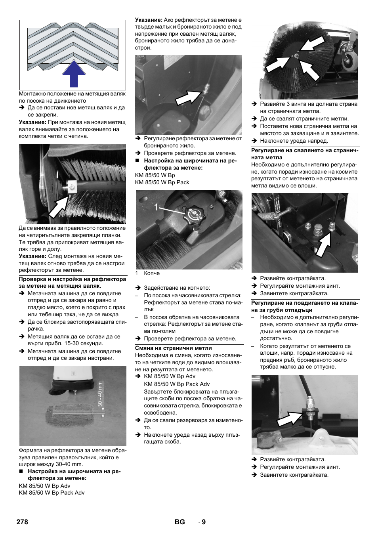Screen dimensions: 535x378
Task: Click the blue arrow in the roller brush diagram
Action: pos(74,74)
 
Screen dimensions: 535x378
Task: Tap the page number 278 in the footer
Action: pos(22,522)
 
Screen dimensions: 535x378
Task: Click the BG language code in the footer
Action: pos(179,522)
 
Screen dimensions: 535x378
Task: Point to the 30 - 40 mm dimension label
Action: pos(100,394)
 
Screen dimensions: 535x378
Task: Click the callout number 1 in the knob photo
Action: pos(156,207)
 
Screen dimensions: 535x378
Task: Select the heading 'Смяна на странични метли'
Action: pos(174,348)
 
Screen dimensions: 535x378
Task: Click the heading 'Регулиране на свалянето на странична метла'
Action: pos(305,154)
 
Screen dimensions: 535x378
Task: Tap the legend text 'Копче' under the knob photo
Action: pos(152,273)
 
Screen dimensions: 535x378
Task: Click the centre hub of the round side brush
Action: pos(296,56)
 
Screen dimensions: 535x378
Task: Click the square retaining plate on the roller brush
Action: pos(72,186)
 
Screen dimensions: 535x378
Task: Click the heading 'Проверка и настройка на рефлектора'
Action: pos(73,282)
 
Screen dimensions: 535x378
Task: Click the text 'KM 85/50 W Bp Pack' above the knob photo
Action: pos(162,182)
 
